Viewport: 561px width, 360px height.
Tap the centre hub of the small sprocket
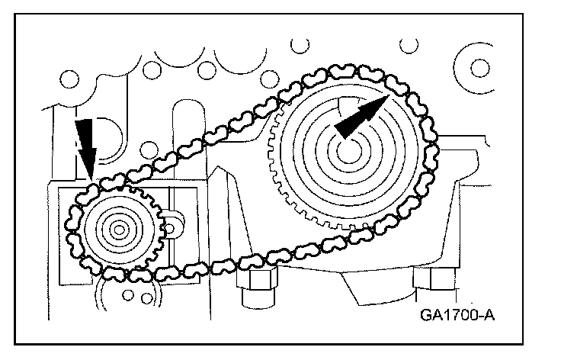(117, 228)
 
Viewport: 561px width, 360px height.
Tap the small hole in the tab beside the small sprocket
(172, 226)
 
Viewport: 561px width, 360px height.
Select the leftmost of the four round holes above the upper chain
(70, 79)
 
